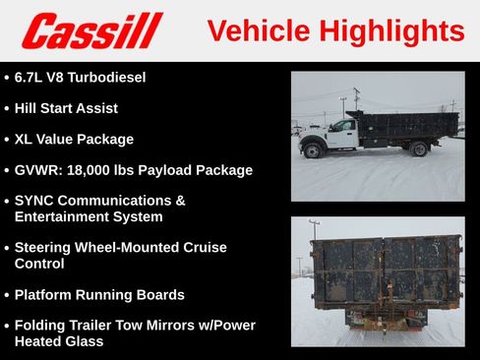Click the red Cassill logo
91,30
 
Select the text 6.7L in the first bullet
32,77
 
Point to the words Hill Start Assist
66,108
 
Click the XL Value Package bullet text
74,139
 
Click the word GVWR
38,170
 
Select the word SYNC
36,201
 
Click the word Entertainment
61,216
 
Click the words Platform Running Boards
99,294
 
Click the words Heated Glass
59,341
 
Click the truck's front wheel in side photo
313,150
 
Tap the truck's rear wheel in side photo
419,149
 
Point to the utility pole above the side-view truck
356,98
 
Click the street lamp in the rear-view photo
313,231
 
